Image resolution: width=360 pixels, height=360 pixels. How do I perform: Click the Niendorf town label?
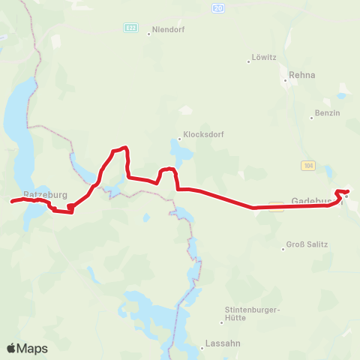coord(168,30)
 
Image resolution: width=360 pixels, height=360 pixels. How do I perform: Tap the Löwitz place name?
coord(264,57)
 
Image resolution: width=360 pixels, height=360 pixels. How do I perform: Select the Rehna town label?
coord(302,75)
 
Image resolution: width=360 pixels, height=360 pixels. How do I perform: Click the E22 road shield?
coord(131,28)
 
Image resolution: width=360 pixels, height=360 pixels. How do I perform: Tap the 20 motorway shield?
coord(217,7)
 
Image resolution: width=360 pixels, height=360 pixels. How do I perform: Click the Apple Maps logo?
coord(27,348)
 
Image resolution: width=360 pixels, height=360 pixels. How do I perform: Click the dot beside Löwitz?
coord(249,61)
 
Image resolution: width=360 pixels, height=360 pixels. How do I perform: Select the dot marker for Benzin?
coord(312,118)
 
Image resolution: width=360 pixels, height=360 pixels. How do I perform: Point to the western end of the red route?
coord(11,201)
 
